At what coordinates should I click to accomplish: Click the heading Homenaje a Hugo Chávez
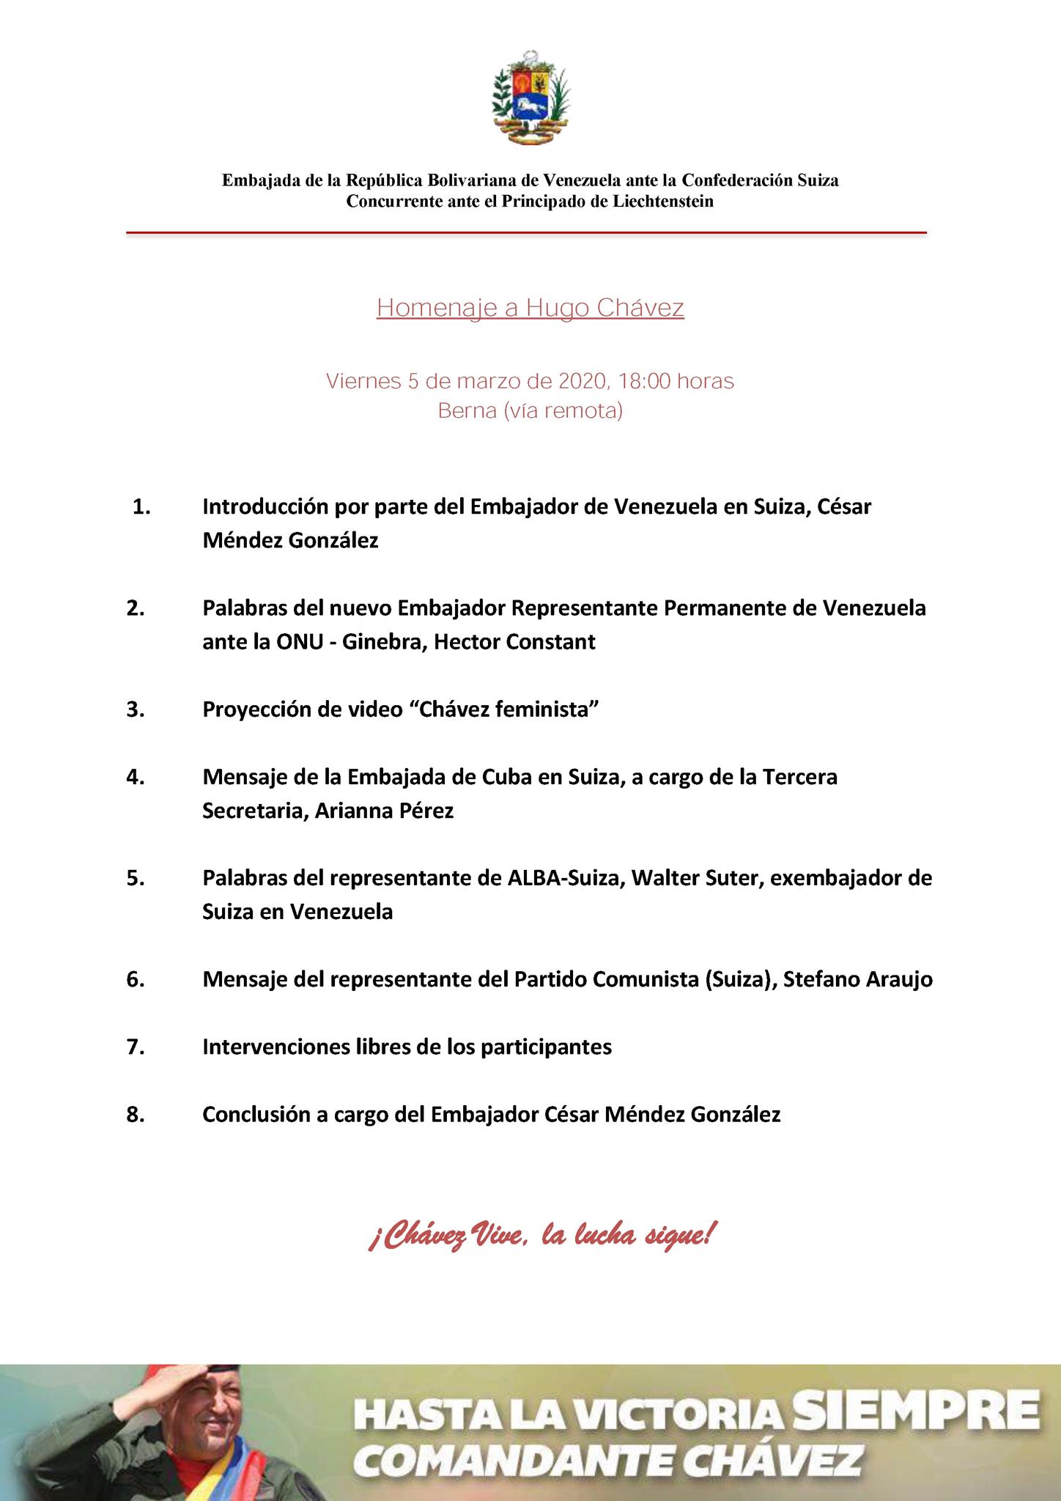click(530, 308)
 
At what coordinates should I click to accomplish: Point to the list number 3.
click(135, 709)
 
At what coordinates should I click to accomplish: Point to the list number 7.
click(135, 1047)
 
